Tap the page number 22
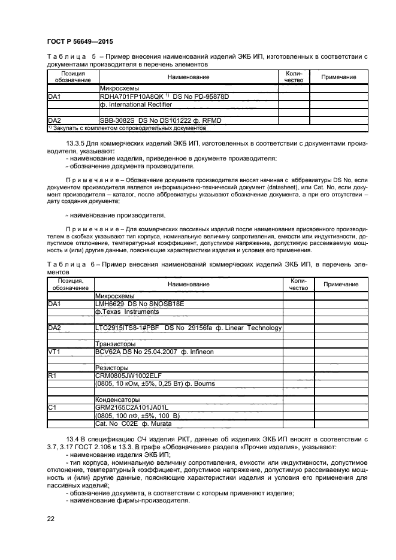(x=52, y=518)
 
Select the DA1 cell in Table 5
(x=55, y=96)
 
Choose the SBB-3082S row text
(x=160, y=120)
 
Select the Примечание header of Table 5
(x=338, y=77)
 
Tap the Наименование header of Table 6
(x=188, y=284)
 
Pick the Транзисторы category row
(x=115, y=344)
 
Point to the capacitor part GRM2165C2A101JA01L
(x=131, y=407)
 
